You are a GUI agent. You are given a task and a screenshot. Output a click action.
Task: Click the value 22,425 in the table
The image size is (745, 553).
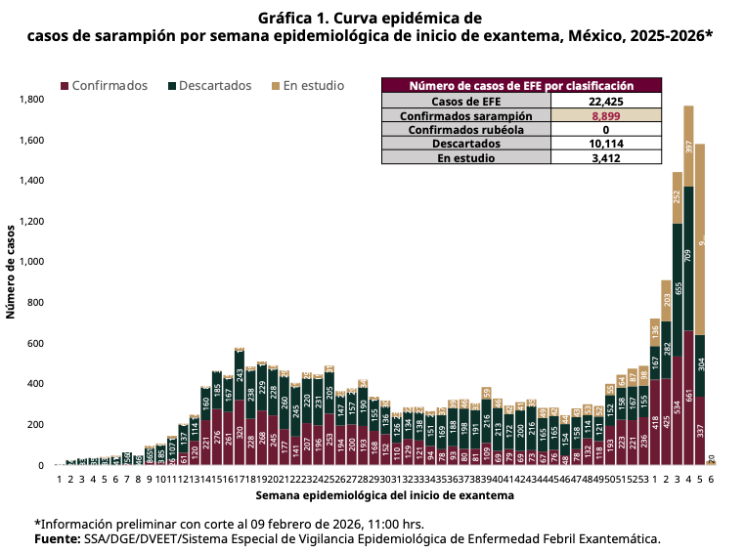606,101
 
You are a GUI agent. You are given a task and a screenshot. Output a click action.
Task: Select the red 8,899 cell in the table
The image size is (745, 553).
606,115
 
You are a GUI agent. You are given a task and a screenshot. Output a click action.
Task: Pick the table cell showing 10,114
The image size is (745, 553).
606,143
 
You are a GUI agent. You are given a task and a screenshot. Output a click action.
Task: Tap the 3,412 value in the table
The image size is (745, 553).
606,156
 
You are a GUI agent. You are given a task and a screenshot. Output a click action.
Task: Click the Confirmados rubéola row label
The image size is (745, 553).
465,129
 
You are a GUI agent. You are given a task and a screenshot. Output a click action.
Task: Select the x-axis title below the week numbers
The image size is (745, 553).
378,496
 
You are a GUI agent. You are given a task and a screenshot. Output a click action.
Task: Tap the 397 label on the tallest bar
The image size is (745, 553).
688,147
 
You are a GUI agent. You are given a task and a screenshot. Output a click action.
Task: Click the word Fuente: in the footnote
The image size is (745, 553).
58,538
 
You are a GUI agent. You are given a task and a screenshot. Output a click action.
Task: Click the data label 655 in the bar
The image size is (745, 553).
677,291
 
